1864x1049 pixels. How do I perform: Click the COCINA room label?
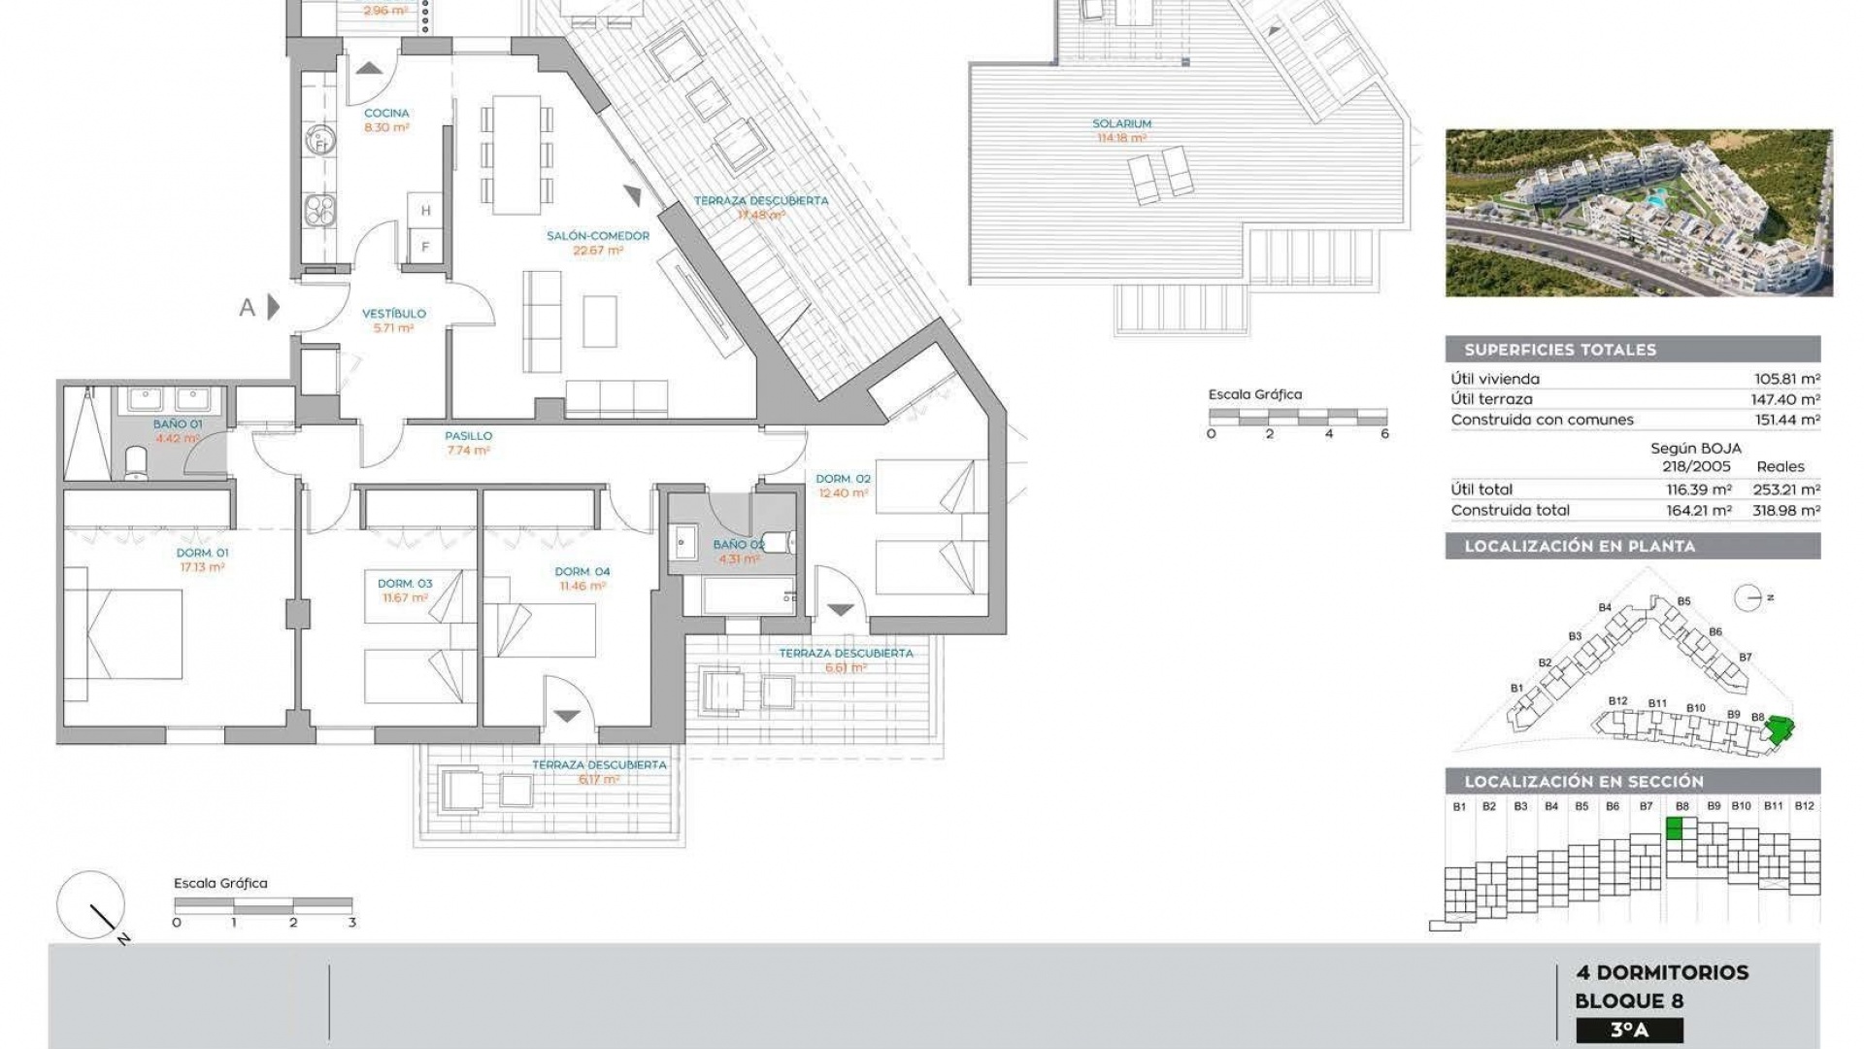click(x=386, y=114)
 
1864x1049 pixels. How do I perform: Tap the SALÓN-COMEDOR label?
click(x=597, y=236)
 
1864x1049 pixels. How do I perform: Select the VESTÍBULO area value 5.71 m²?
click(x=393, y=328)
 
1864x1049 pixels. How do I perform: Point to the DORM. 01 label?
click(x=202, y=553)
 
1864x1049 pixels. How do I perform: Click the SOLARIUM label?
click(x=1121, y=124)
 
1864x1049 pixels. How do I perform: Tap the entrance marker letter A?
click(x=248, y=308)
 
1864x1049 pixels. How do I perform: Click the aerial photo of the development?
click(x=1638, y=213)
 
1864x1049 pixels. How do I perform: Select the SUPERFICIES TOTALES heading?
click(x=1559, y=350)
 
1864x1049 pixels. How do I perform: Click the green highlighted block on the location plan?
click(x=1779, y=729)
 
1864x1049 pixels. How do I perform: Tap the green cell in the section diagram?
click(x=1675, y=829)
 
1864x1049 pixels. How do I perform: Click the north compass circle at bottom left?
click(x=90, y=904)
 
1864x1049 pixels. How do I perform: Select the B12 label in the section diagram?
click(x=1804, y=806)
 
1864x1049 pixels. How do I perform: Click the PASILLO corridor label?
click(x=469, y=436)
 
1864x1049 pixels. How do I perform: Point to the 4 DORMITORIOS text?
click(x=1662, y=972)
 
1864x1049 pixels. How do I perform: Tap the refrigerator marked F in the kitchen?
click(x=425, y=247)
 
